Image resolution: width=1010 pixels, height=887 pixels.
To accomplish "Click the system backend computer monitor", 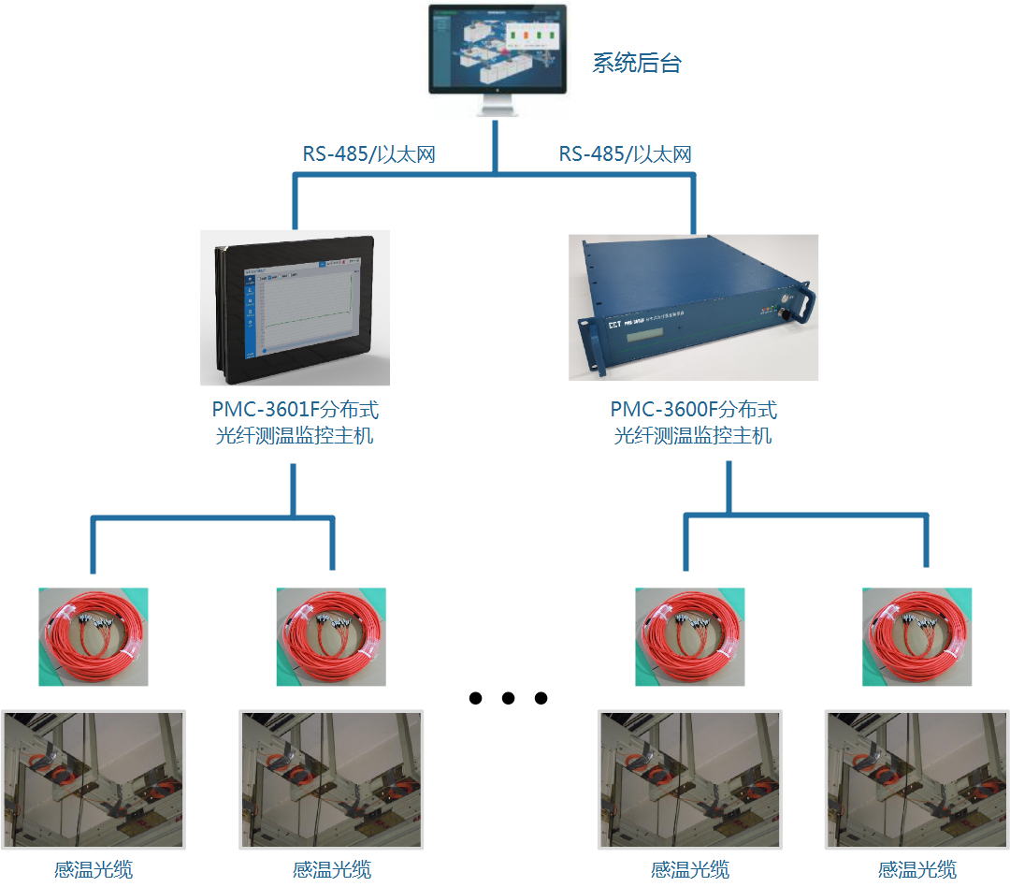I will (x=498, y=49).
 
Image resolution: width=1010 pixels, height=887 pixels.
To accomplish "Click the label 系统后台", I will (x=637, y=64).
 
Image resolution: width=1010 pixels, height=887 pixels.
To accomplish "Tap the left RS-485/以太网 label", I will (x=368, y=154).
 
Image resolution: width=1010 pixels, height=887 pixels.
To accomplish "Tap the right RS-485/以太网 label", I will (x=626, y=154).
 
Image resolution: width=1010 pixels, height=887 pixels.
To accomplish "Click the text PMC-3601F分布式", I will (x=295, y=410).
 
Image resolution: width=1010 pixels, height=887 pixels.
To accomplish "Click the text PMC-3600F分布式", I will (x=693, y=410).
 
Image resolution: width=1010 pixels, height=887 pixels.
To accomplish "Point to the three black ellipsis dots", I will (x=508, y=698).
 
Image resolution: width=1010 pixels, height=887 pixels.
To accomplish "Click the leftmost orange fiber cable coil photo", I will (x=93, y=636).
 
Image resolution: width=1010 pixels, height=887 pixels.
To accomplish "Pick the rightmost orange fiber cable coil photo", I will (x=916, y=636).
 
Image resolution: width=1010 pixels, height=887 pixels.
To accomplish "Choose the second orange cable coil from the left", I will (x=331, y=636).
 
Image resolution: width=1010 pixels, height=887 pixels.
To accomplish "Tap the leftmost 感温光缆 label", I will (x=93, y=870).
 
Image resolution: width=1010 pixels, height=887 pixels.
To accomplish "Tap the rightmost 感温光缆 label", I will (x=916, y=870).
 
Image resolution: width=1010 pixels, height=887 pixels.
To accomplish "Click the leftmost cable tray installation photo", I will (x=94, y=779).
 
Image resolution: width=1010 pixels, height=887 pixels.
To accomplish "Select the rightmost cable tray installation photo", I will (x=916, y=779).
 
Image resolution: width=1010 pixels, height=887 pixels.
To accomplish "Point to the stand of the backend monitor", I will (x=498, y=105).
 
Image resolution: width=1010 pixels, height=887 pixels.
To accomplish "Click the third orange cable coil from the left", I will (x=689, y=636).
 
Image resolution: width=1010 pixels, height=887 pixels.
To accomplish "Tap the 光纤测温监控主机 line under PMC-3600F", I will (x=693, y=435).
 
